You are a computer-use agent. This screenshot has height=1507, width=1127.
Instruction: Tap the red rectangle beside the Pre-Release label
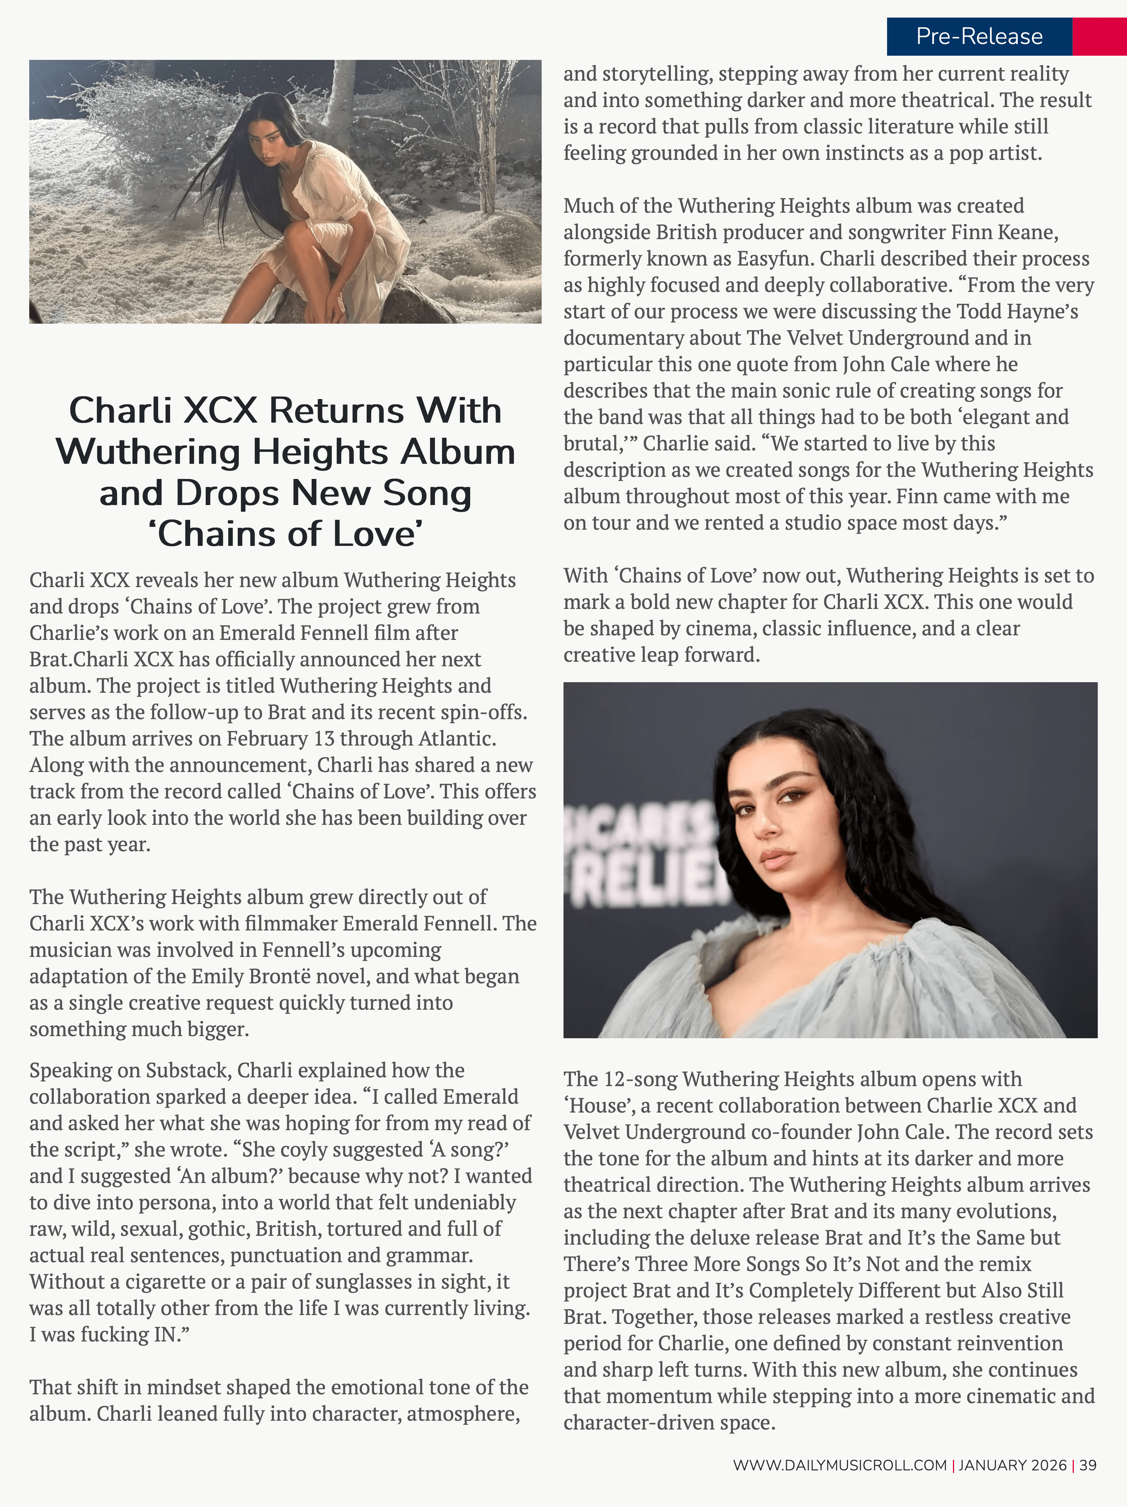[1099, 36]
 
